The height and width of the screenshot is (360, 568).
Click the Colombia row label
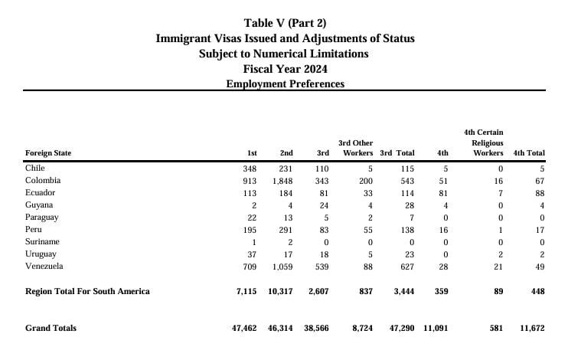point(43,181)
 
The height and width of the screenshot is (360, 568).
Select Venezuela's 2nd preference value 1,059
point(282,267)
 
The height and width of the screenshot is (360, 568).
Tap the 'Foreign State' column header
point(48,153)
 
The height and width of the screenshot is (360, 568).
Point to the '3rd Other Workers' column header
point(356,148)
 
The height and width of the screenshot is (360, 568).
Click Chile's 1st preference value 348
point(250,169)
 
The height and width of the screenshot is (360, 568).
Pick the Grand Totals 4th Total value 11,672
point(532,328)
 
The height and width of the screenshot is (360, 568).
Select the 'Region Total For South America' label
point(87,292)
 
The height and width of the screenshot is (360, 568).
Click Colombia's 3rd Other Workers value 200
point(366,181)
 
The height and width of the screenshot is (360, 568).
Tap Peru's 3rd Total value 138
point(407,230)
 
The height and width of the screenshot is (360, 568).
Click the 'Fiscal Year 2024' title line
point(285,69)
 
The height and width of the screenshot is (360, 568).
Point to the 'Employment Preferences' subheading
point(285,83)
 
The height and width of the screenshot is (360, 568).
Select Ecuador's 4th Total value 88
point(540,193)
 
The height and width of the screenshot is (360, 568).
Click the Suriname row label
point(42,242)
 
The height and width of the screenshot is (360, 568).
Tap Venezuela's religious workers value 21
point(498,267)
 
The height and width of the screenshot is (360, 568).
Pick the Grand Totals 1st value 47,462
point(244,328)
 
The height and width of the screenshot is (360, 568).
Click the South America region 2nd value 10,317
point(280,292)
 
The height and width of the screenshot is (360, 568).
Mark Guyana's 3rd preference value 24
point(324,205)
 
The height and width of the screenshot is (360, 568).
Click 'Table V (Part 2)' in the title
point(285,23)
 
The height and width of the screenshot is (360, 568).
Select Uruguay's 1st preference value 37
point(252,254)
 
